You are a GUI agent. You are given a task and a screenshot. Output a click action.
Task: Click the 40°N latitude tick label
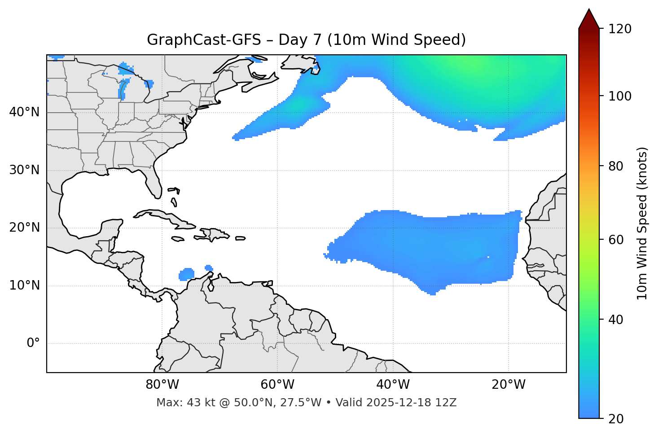[24, 112]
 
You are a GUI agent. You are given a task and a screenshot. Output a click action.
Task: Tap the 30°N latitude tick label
[24, 170]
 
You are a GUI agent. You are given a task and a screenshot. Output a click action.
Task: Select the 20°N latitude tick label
[24, 228]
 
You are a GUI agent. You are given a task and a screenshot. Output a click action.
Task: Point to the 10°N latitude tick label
[24, 286]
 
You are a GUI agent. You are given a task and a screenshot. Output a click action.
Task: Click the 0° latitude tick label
[33, 343]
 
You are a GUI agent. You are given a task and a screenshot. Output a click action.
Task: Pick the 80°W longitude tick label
[162, 385]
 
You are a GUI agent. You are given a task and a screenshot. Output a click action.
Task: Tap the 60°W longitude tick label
[277, 385]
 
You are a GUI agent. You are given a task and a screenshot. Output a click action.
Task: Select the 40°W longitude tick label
[393, 385]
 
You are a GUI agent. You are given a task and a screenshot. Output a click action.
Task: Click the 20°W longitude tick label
[508, 385]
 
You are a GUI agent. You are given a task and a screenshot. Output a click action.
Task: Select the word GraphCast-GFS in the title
[204, 40]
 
